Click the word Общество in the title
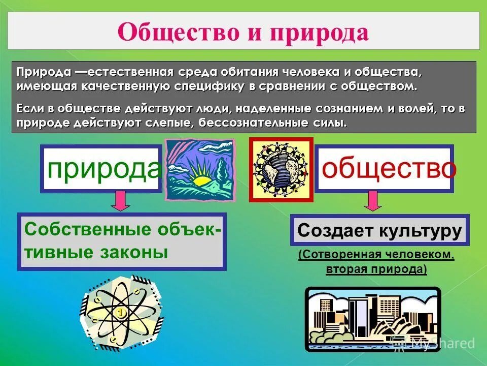tap(179, 32)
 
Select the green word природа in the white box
tap(103, 168)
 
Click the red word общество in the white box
tap(389, 168)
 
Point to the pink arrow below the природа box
tap(120, 200)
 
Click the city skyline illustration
tap(373, 319)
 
